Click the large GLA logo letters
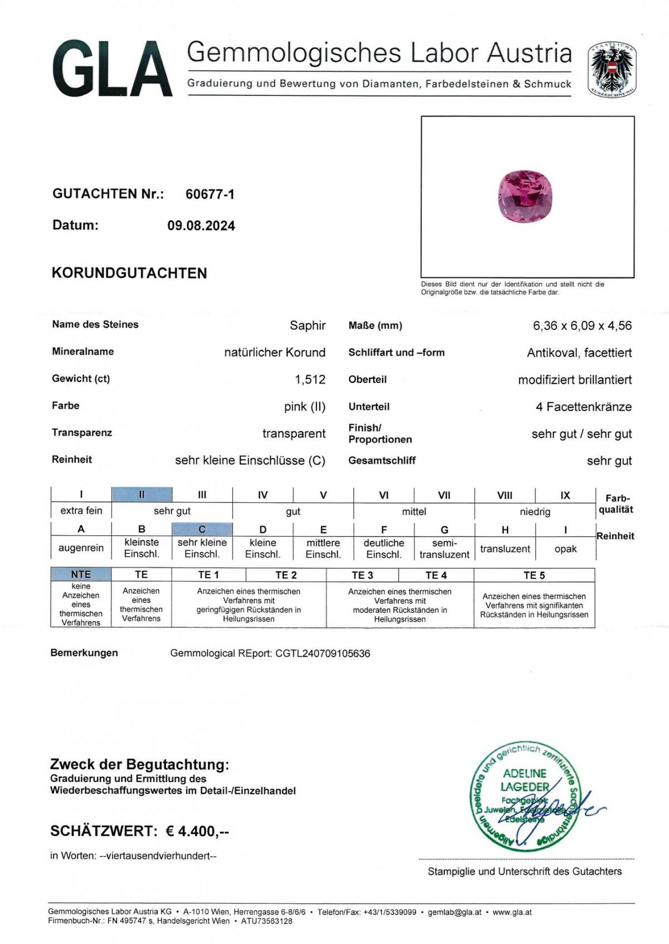click(111, 70)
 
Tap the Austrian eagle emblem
click(612, 70)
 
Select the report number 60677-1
click(210, 194)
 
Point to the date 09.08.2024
click(201, 226)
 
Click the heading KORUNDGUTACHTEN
click(129, 273)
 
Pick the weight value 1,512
click(310, 380)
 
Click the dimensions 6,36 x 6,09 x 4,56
click(582, 326)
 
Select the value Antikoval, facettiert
click(579, 353)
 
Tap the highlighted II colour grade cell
click(142, 495)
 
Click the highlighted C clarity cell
click(202, 529)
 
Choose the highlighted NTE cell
click(81, 574)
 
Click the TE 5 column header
click(534, 575)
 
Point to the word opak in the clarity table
click(565, 549)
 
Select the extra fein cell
click(81, 510)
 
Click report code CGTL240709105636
click(322, 653)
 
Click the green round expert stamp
click(524, 796)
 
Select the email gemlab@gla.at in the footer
click(454, 912)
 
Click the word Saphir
click(307, 326)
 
